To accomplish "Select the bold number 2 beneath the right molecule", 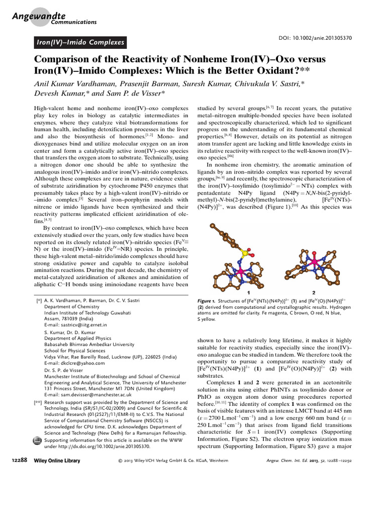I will click(x=314, y=292).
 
